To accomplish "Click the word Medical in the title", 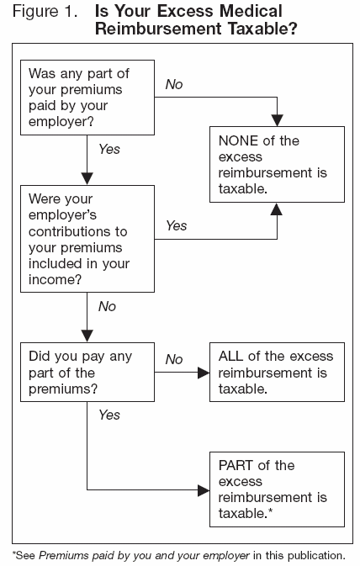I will click(251, 10).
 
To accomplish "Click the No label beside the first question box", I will click(174, 85).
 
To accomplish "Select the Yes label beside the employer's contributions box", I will click(177, 225).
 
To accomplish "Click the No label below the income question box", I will click(107, 307).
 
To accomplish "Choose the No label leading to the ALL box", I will click(174, 359).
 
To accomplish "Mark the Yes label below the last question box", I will click(109, 415).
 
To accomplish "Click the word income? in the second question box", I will click(55, 280).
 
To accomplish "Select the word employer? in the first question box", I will click(61, 121).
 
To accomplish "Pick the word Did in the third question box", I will click(40, 356).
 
